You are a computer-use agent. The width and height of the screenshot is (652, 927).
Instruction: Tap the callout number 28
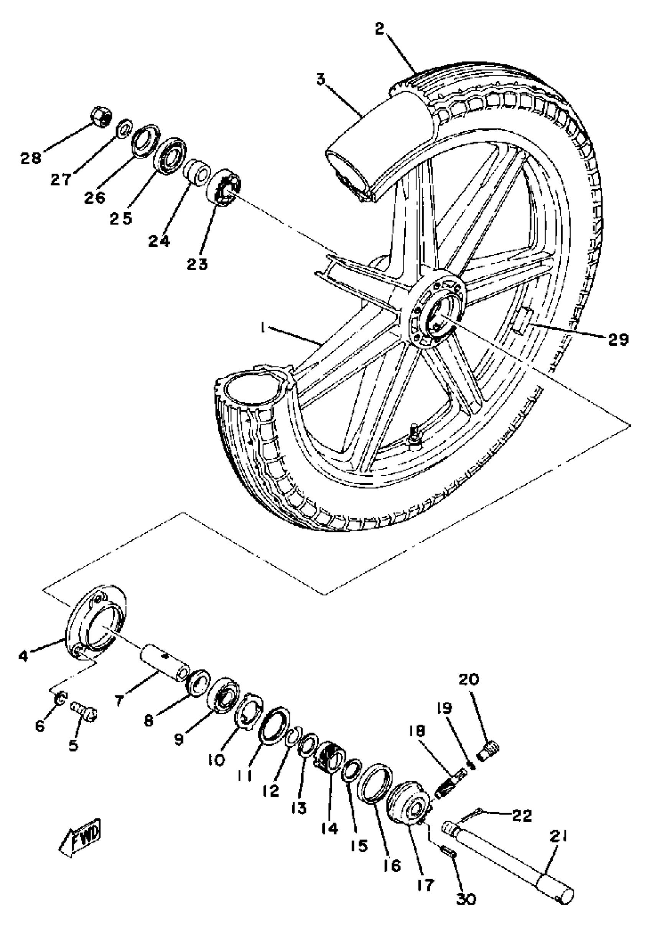click(31, 158)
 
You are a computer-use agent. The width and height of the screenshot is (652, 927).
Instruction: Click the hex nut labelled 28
click(100, 117)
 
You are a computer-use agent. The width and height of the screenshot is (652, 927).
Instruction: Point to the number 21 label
click(557, 837)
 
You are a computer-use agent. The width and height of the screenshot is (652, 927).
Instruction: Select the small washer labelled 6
click(59, 699)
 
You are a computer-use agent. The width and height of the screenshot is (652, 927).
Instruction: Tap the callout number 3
click(321, 79)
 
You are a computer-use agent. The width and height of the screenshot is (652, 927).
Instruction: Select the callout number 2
click(379, 30)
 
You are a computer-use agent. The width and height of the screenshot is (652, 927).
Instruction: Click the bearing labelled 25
click(171, 156)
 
